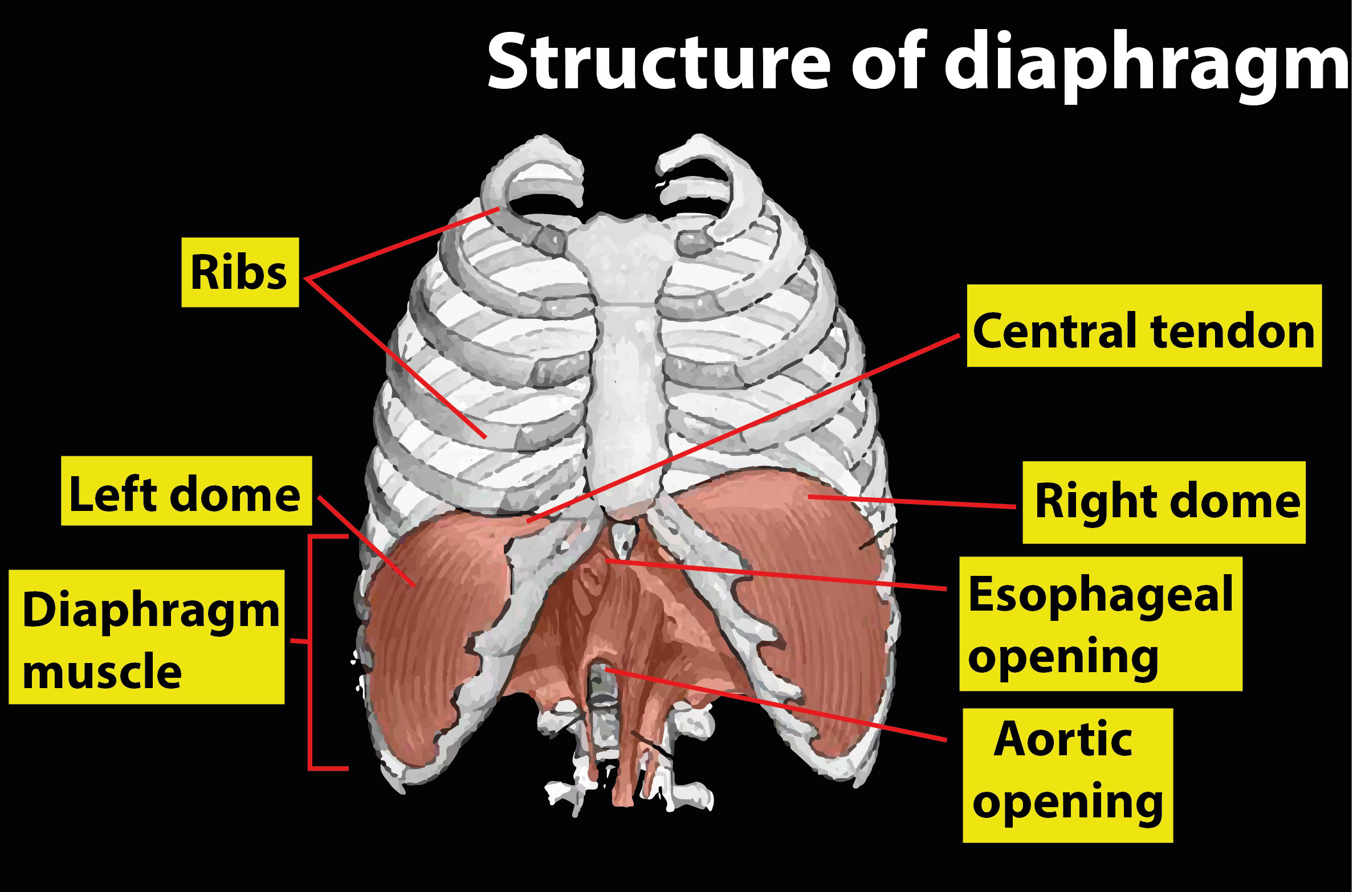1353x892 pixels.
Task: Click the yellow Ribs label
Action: click(x=240, y=272)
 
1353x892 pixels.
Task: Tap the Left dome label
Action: click(x=186, y=491)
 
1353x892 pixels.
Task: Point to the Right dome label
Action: click(x=1164, y=502)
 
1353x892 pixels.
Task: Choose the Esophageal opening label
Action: click(x=1100, y=624)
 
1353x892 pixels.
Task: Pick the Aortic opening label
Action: click(x=1067, y=775)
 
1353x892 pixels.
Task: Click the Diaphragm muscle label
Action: click(x=146, y=637)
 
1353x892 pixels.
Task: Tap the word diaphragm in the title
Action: click(x=1146, y=66)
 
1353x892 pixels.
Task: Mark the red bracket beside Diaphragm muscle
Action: click(x=309, y=652)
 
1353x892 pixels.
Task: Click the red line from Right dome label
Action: click(x=912, y=501)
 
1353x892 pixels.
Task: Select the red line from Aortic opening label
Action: click(x=775, y=704)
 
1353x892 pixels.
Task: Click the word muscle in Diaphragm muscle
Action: click(x=103, y=671)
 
